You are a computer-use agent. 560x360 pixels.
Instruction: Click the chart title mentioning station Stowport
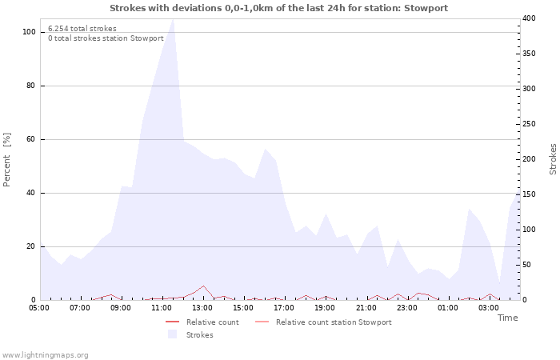tap(278, 8)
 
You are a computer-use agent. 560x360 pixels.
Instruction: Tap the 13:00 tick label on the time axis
tap(202, 308)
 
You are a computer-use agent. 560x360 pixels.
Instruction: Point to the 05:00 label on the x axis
tap(39, 308)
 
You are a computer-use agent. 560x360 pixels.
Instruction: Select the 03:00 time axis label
tap(489, 308)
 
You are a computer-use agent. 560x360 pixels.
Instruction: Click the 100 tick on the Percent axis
tap(30, 32)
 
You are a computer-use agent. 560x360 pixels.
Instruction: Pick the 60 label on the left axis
tap(30, 139)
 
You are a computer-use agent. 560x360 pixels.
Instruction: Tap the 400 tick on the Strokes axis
tap(529, 18)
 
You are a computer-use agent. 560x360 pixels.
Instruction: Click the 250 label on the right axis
tap(529, 124)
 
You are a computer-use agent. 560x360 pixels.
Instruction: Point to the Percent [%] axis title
tap(6, 160)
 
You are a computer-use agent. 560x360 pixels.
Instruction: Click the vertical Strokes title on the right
tap(553, 159)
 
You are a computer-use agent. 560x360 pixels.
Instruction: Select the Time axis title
tap(507, 318)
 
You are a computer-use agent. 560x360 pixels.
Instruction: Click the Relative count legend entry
tap(202, 322)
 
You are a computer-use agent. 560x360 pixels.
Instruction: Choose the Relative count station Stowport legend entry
tap(323, 322)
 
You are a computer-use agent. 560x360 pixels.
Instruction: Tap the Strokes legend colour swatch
tap(173, 334)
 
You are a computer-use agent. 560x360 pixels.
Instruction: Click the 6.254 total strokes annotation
tap(82, 29)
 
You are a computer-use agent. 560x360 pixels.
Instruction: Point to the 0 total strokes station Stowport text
tap(106, 38)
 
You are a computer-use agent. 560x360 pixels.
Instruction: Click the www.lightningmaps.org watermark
tap(44, 355)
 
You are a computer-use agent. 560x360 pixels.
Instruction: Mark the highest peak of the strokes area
tap(174, 19)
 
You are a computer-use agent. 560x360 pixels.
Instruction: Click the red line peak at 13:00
tap(203, 286)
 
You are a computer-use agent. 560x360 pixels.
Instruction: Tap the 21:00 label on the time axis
tap(366, 308)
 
